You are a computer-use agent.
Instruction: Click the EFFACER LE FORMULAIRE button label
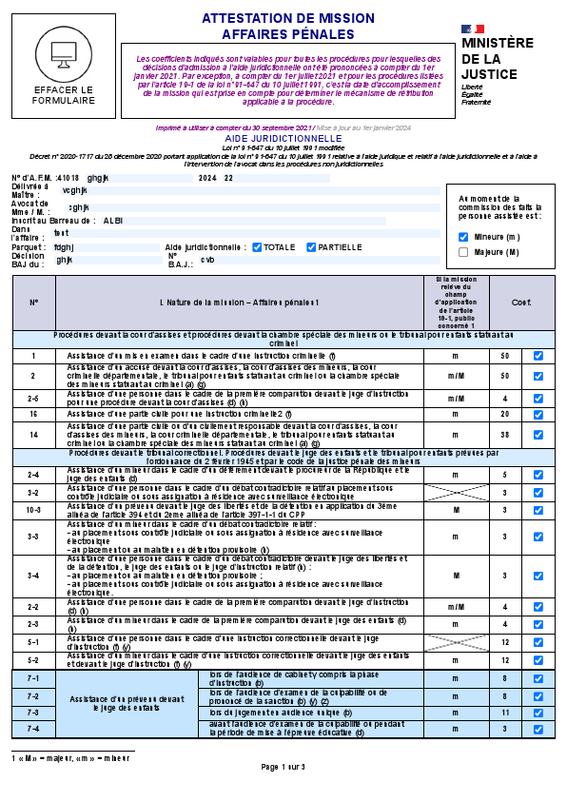point(64,95)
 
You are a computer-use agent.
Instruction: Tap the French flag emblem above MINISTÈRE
point(473,30)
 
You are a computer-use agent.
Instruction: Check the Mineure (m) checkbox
point(463,237)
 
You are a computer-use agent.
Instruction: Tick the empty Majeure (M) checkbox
point(463,252)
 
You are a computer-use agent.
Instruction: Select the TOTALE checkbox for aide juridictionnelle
point(257,247)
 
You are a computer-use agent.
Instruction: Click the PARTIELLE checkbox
point(311,247)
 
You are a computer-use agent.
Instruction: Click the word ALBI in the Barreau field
point(113,220)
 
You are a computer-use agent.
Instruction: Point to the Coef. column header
point(521,303)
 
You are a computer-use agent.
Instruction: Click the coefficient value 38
point(504,434)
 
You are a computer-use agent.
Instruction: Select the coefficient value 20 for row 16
point(504,414)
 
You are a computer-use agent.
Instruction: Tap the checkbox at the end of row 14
point(538,434)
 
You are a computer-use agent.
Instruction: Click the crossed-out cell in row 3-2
point(456,492)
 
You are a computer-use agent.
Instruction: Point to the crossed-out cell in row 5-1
point(456,643)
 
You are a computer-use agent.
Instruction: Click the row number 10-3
point(33,509)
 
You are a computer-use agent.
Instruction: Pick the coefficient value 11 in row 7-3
point(504,712)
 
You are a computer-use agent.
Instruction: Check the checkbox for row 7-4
point(538,729)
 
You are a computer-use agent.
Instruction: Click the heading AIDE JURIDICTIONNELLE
point(283,138)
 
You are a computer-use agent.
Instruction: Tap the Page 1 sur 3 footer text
point(283,767)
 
